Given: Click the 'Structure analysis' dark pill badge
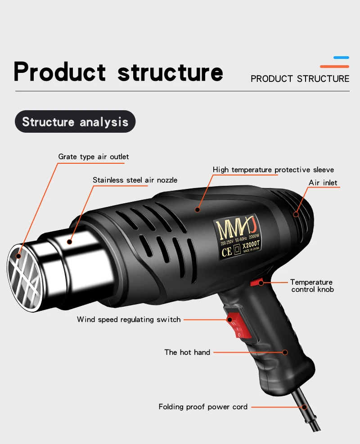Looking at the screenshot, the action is point(75,121).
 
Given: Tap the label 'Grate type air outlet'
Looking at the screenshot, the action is point(94,157).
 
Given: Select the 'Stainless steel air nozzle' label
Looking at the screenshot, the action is point(135,180).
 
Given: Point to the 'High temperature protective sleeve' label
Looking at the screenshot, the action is point(273,170).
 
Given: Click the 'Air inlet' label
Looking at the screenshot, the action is point(323,183).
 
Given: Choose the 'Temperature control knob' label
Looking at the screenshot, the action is point(312,286).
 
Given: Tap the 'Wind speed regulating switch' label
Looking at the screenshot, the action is point(129,319).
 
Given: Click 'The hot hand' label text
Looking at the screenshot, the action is point(187,352).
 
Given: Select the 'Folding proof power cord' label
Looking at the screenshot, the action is point(203,407).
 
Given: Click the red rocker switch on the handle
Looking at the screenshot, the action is point(237,325).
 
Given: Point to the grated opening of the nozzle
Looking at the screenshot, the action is point(25,278).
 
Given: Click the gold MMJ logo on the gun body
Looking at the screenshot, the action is point(236,229).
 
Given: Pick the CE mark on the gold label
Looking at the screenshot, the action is point(227,252).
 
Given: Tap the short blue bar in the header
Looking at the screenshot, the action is point(341,58).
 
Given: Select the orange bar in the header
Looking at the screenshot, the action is point(334,67).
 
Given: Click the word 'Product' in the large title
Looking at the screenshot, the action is point(60,72).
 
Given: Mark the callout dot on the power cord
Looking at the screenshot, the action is point(304,407).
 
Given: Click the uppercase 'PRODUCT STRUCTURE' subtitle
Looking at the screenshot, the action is point(300,79).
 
